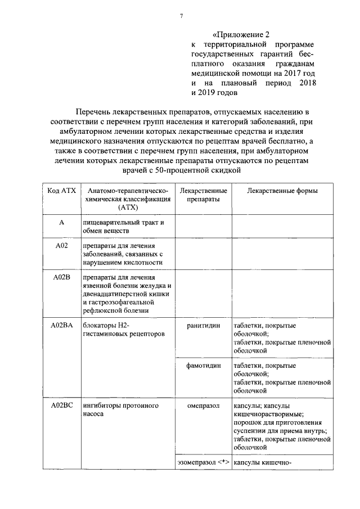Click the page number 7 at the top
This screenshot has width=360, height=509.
pos(181,15)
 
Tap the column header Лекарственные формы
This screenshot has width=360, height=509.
pos(282,191)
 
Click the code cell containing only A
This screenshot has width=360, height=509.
pos(61,223)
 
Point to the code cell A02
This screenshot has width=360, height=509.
pos(61,246)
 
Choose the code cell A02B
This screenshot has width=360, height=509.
pos(61,277)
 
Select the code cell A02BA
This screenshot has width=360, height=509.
pos(61,326)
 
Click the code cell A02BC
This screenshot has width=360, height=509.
pos(61,405)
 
